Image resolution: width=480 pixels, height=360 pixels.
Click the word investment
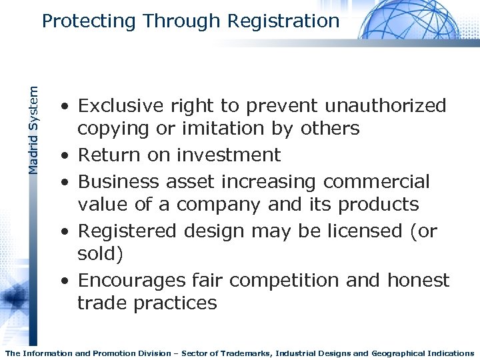point(229,155)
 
